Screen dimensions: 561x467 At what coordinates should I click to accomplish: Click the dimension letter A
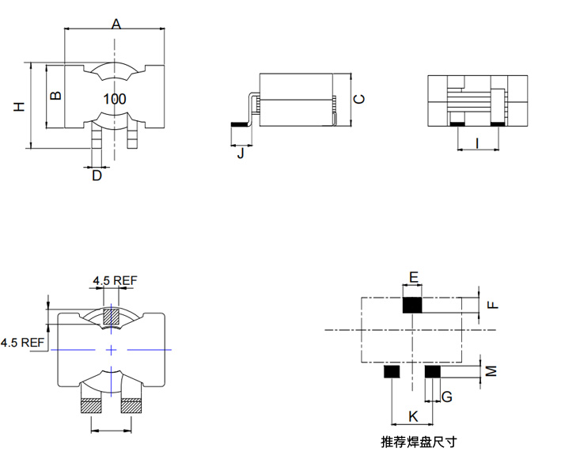[x=116, y=24]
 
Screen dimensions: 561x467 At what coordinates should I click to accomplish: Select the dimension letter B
[x=56, y=96]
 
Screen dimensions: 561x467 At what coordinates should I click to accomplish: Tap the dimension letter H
[x=19, y=106]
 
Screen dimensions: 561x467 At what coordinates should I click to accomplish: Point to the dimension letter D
[x=97, y=176]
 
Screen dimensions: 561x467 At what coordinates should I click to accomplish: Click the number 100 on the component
[x=115, y=99]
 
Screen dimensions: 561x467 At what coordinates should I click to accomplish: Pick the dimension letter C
[x=359, y=99]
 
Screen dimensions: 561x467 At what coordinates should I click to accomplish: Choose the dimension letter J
[x=241, y=153]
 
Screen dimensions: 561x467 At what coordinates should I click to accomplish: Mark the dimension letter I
[x=477, y=143]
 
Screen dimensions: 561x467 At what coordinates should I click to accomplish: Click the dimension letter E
[x=413, y=277]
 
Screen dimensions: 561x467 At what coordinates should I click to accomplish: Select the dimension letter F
[x=493, y=305]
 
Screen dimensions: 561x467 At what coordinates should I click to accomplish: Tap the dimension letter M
[x=491, y=370]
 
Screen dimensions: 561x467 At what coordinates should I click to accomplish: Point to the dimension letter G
[x=447, y=397]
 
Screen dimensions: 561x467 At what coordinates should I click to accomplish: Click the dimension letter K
[x=413, y=416]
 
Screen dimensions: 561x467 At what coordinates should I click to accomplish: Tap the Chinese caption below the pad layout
[x=419, y=442]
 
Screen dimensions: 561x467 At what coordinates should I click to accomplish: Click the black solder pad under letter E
[x=412, y=306]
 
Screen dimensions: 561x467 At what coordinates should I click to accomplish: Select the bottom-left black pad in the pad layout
[x=392, y=371]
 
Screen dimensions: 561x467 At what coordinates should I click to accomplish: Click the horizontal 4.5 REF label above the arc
[x=116, y=280]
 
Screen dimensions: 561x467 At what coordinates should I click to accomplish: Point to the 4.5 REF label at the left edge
[x=22, y=343]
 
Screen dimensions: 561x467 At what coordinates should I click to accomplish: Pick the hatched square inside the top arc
[x=111, y=316]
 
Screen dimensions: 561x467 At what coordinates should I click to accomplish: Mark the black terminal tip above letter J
[x=240, y=124]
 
